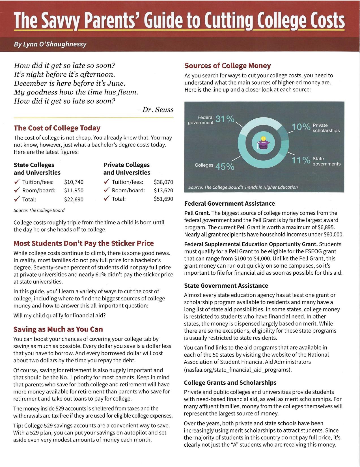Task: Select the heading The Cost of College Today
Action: (x=57, y=128)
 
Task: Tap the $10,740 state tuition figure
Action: (x=74, y=182)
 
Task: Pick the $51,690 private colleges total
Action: (x=163, y=199)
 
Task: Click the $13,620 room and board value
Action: (x=163, y=190)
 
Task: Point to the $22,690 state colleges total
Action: (x=74, y=199)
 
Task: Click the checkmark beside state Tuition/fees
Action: (x=17, y=182)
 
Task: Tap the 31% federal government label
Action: (x=225, y=119)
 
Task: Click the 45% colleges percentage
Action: (x=225, y=167)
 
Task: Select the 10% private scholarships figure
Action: (x=301, y=127)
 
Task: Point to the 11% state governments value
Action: (x=301, y=161)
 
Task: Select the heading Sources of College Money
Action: (x=227, y=66)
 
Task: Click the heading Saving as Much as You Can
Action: (x=58, y=329)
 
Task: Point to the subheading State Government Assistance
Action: (x=226, y=286)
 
